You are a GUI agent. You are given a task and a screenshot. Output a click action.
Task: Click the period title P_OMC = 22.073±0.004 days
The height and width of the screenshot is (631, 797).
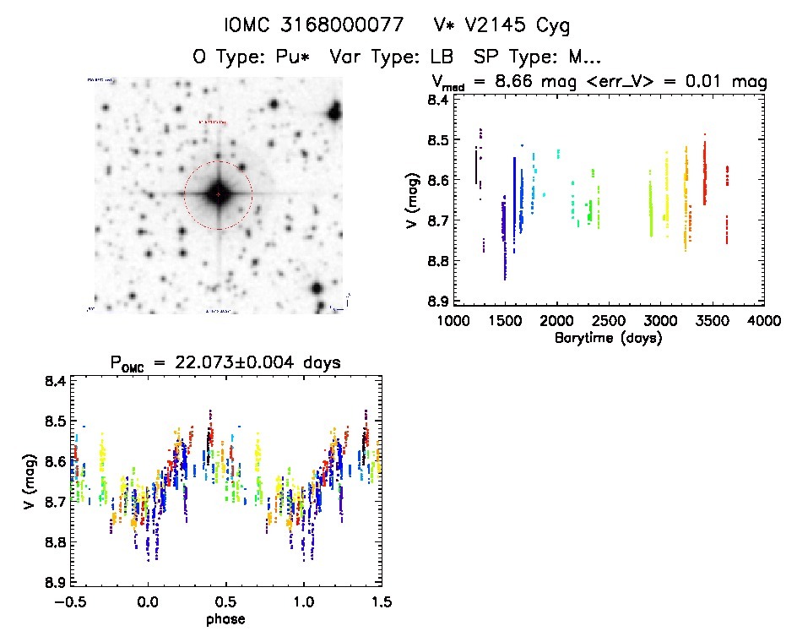225,363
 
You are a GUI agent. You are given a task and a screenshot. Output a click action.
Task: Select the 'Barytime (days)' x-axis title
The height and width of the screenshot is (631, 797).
608,338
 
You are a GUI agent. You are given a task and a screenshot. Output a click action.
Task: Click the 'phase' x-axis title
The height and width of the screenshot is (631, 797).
225,619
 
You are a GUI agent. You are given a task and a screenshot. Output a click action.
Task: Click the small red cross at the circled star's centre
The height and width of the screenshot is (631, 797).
218,194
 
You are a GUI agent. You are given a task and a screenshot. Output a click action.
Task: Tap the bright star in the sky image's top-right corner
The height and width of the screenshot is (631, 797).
335,111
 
